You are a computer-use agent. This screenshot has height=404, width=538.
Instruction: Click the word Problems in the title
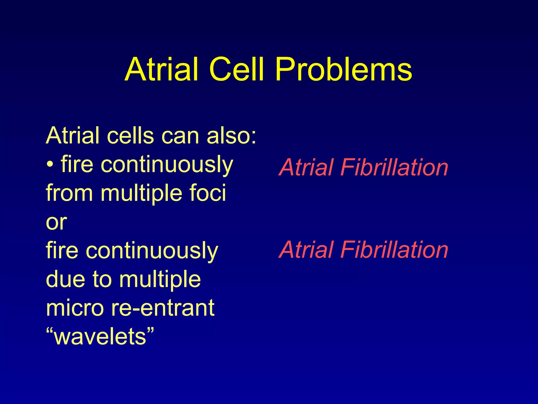tap(343, 70)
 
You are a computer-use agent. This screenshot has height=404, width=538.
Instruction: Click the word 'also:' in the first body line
tap(231, 136)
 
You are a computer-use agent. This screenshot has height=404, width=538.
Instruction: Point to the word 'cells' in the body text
tap(130, 136)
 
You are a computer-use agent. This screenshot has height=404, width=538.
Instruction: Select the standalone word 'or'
tap(56, 222)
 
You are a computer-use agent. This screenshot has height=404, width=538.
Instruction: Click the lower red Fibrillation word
tap(394, 250)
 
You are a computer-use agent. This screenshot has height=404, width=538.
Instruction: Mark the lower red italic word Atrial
tap(306, 250)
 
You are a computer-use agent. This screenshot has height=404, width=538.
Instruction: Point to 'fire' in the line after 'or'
tap(62, 250)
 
